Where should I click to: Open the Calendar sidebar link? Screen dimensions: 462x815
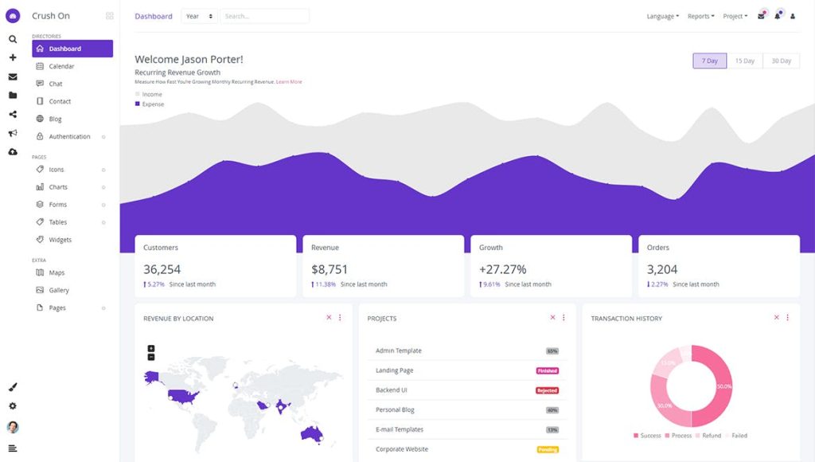tap(61, 66)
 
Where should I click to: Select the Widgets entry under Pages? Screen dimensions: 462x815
tap(60, 240)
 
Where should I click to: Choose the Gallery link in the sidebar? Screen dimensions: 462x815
tap(59, 290)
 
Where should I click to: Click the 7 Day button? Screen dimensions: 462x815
tap(710, 61)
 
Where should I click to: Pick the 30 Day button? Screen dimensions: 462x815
tap(781, 61)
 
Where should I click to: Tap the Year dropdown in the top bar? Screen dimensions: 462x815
tap(199, 16)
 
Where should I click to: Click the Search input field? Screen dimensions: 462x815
tap(264, 16)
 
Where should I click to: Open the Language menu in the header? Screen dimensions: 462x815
tap(662, 16)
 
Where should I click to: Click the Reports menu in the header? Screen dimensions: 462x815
tap(700, 16)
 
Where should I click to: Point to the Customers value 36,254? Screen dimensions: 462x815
tap(162, 269)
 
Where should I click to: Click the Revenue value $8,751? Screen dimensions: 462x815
tap(330, 269)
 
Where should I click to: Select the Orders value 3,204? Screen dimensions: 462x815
tap(662, 269)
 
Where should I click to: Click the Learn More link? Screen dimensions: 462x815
tap(289, 81)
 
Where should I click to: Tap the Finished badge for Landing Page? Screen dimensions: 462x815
tap(547, 370)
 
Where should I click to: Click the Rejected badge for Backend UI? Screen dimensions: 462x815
tap(547, 390)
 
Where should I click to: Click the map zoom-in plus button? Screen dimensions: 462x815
tap(151, 348)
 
